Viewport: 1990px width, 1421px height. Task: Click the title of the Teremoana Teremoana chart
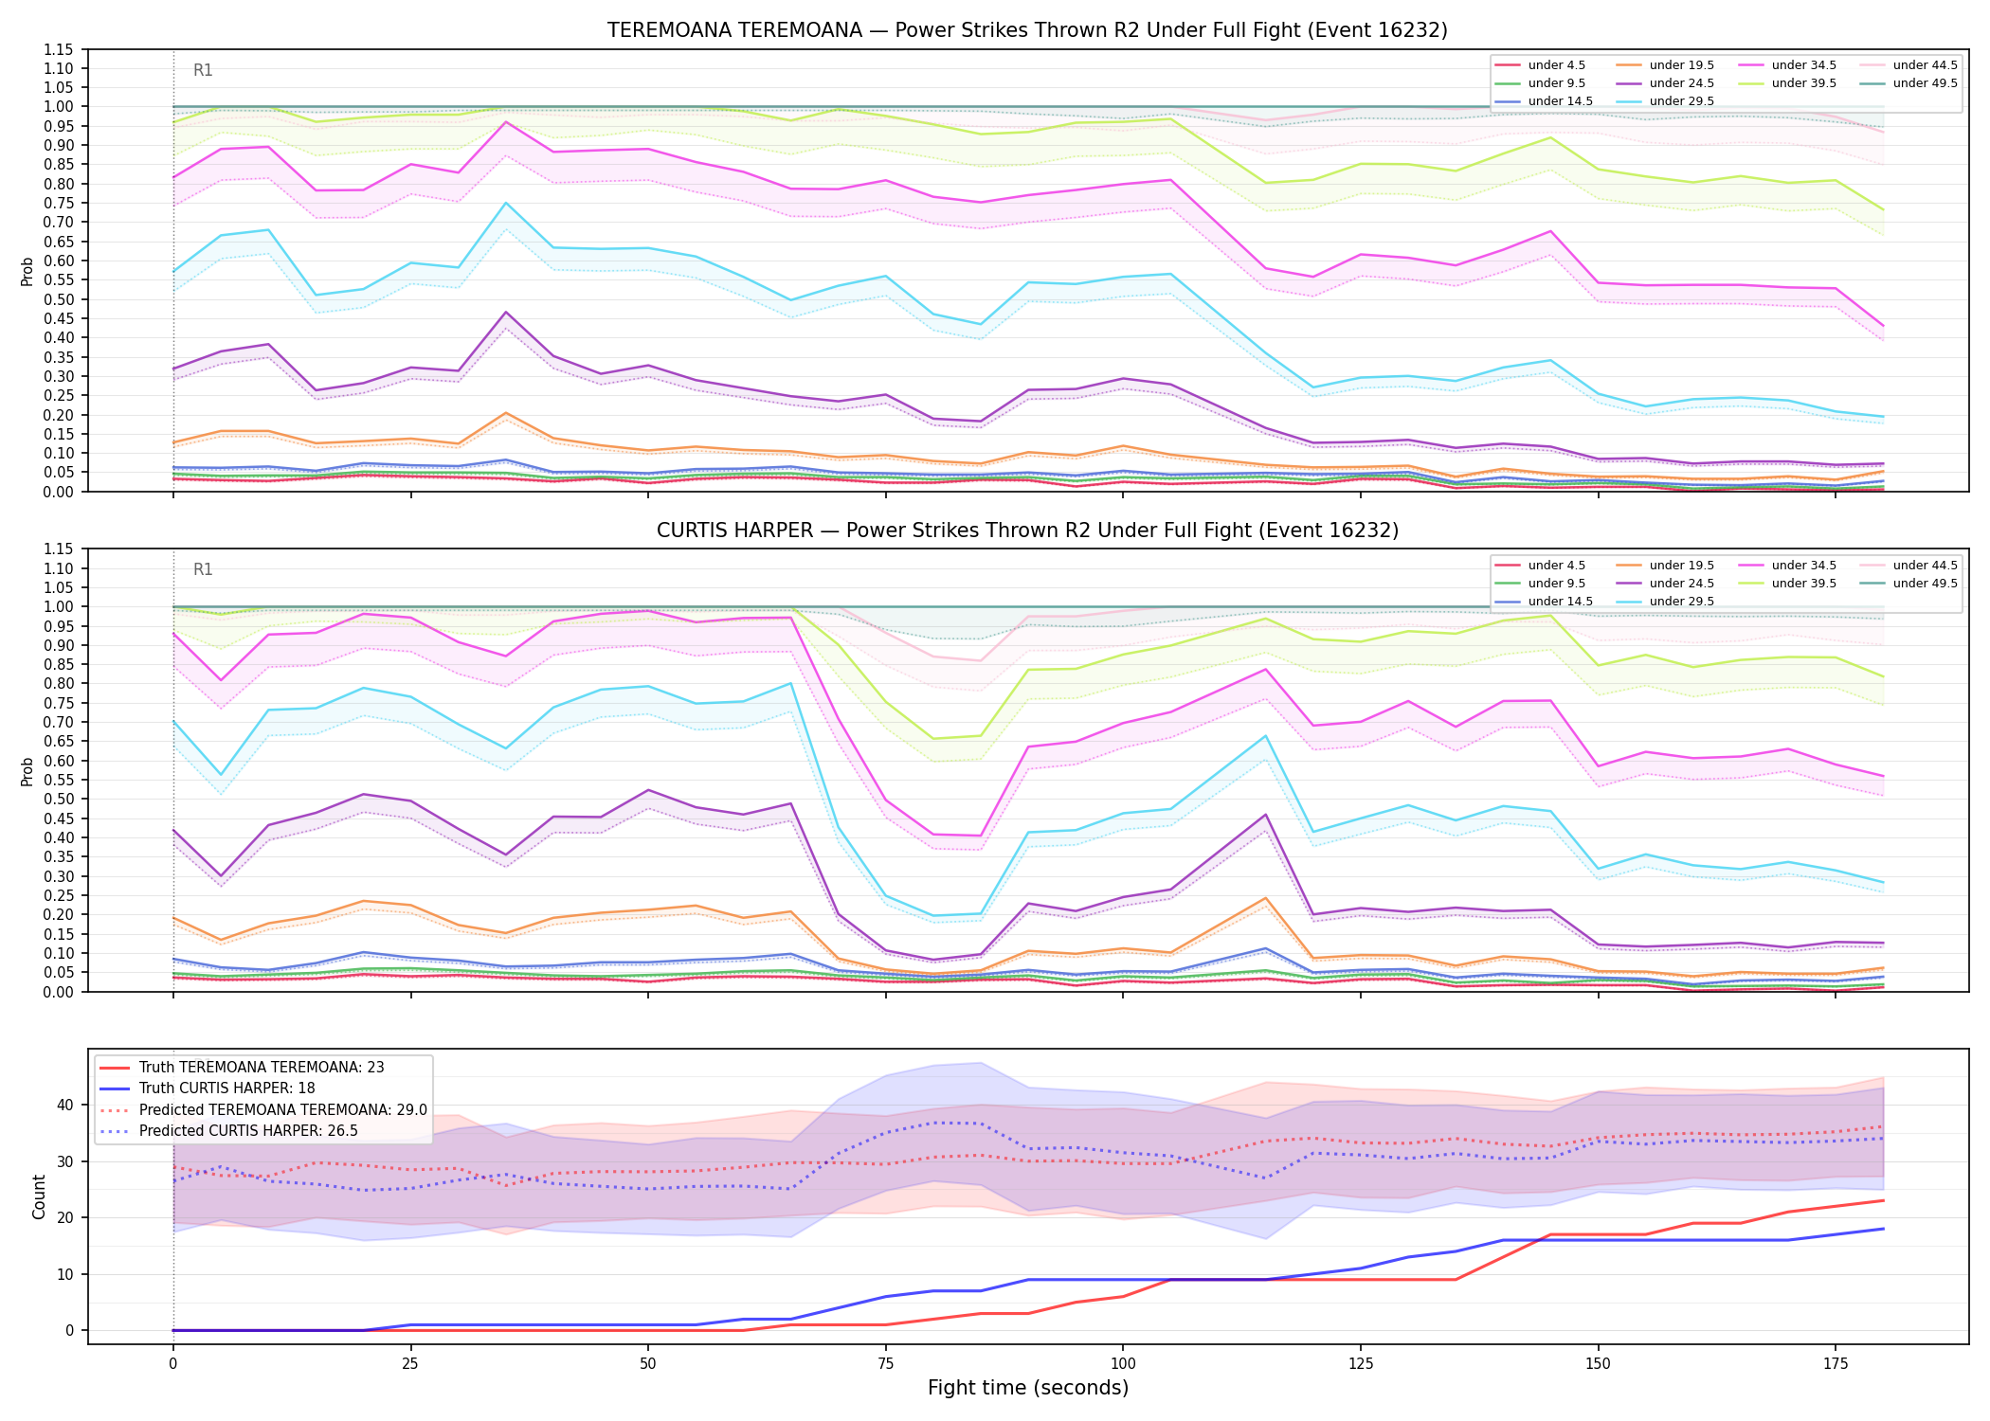(1027, 30)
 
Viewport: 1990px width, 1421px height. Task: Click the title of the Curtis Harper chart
(1027, 531)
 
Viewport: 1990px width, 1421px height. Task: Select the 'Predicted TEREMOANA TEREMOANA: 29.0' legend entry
(262, 1109)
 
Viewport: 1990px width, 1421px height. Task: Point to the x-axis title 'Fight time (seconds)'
(1028, 1388)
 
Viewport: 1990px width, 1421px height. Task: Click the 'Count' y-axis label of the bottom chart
(39, 1196)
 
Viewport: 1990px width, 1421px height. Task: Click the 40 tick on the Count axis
(66, 1105)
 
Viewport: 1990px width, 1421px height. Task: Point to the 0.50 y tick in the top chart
(61, 299)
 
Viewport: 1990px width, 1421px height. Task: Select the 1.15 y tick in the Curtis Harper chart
(61, 549)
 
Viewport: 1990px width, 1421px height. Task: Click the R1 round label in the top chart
(203, 70)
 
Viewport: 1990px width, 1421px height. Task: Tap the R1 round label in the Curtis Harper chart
(203, 569)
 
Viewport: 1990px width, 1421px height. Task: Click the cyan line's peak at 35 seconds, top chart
(506, 203)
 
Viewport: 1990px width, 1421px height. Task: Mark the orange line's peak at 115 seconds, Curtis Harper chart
(1266, 898)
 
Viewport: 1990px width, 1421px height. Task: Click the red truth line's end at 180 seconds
(1883, 1200)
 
